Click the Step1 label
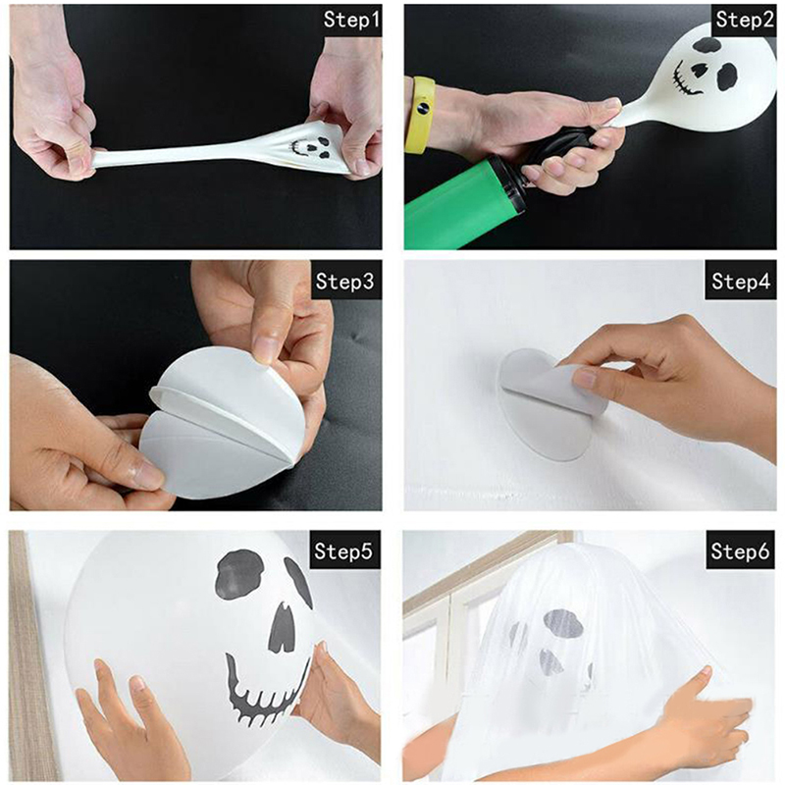[x=351, y=20]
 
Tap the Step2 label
[x=745, y=20]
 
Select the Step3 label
[x=345, y=282]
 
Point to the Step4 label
[x=741, y=282]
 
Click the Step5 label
[x=343, y=550]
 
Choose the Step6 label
[x=740, y=550]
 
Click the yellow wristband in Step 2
[x=420, y=115]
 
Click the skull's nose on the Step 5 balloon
[x=283, y=627]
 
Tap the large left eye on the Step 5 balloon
[x=239, y=574]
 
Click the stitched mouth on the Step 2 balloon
[x=683, y=78]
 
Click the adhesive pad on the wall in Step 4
[x=546, y=404]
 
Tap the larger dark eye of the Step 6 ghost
[x=563, y=623]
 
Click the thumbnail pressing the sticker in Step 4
[x=584, y=378]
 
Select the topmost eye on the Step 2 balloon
[x=706, y=45]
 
